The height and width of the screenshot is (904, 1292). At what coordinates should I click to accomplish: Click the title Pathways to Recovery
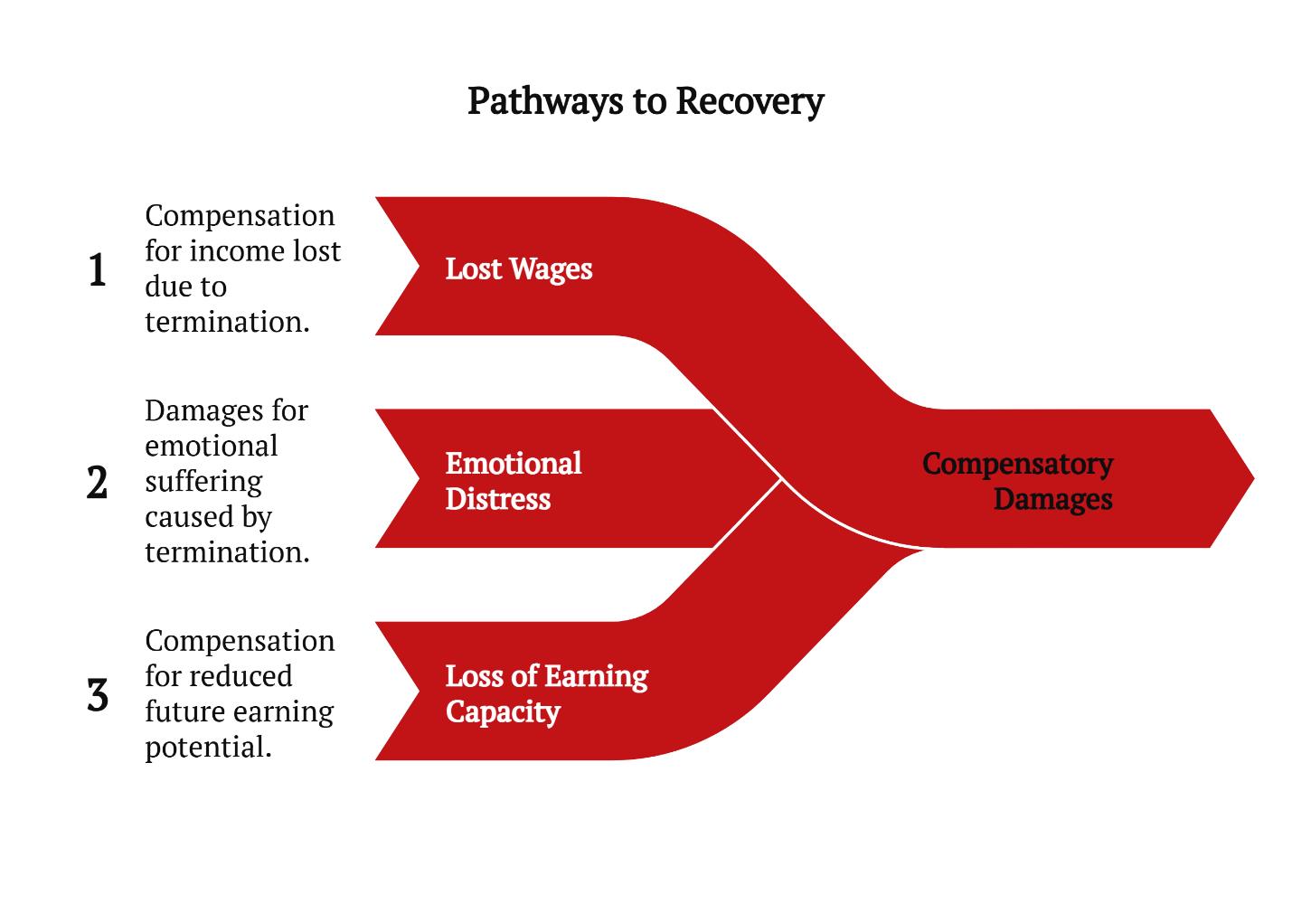tap(646, 100)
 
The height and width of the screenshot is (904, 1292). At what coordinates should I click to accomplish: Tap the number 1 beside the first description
tap(98, 270)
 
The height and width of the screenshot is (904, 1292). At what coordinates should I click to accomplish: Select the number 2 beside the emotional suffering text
tap(98, 483)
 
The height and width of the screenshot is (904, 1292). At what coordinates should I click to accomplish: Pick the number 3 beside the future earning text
tap(98, 695)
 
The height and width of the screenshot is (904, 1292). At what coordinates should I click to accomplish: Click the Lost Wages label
tap(519, 269)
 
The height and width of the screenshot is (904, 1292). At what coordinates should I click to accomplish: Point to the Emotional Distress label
tap(513, 481)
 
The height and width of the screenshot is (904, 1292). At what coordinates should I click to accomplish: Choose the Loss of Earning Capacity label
tap(546, 693)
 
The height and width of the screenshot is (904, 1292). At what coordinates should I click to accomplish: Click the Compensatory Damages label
tap(1018, 481)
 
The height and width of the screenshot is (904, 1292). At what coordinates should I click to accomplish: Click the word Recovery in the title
tap(750, 100)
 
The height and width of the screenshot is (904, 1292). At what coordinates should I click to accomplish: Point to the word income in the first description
tap(241, 250)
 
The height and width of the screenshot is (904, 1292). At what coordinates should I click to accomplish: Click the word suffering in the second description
tap(203, 481)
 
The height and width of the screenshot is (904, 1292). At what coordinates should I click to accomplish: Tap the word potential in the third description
tap(207, 747)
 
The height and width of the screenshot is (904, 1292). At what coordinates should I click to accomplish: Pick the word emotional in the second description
tap(212, 446)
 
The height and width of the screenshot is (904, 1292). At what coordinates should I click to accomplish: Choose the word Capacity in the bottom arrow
tap(503, 711)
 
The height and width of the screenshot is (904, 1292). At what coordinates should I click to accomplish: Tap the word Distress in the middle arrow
tap(498, 499)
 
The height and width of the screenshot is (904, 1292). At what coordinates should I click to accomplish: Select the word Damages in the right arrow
tap(1052, 499)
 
